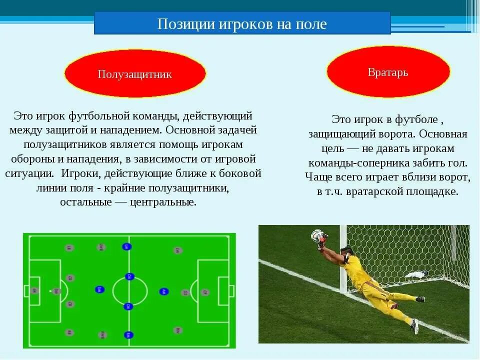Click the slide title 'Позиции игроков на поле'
(x=242, y=24)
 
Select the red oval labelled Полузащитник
(x=134, y=74)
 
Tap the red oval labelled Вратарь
(x=388, y=72)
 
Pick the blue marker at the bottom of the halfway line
(x=129, y=334)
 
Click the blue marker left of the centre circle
(x=99, y=289)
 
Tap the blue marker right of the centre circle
(x=163, y=291)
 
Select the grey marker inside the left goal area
(x=34, y=290)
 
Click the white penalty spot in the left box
(x=50, y=290)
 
